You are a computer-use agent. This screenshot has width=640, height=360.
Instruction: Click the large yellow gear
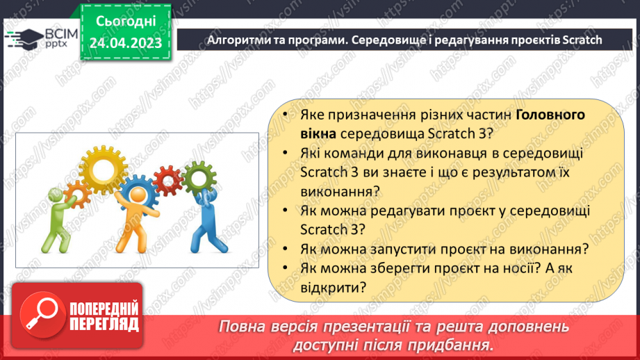pos(102,165)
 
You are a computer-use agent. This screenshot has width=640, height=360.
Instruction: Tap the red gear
pos(167,181)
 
